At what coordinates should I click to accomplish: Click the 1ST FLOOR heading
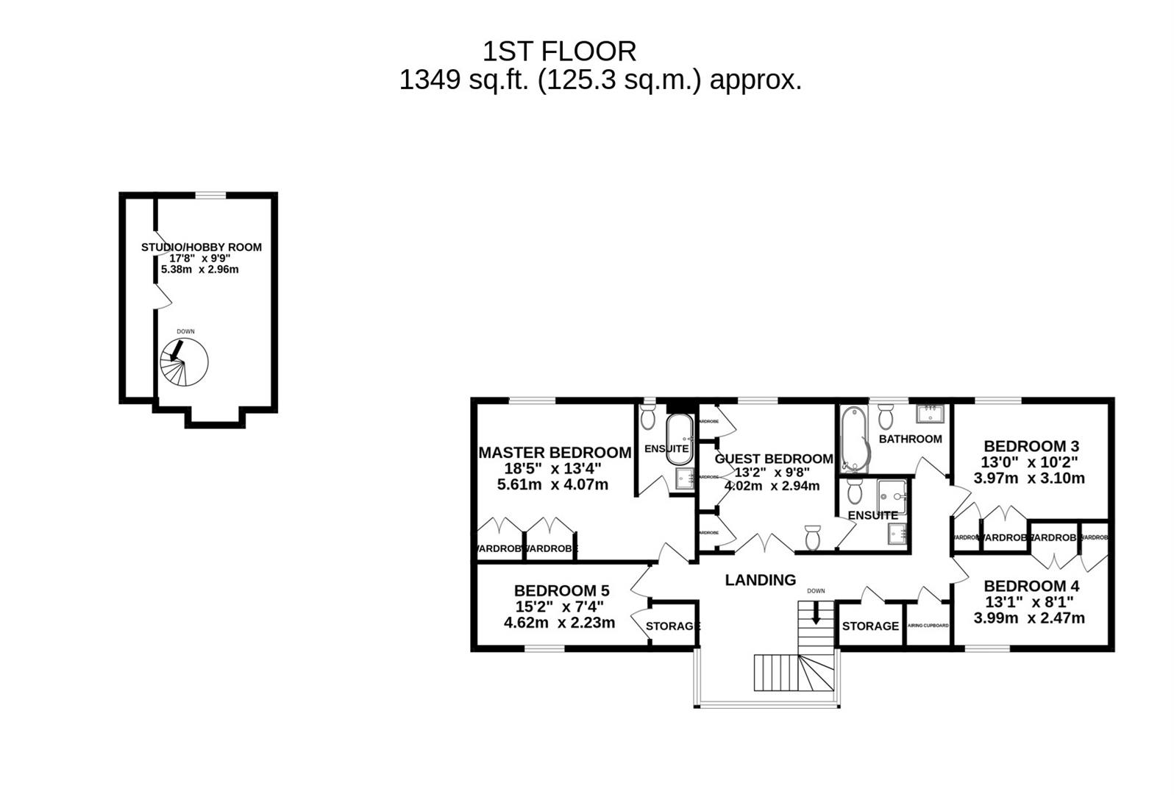click(559, 52)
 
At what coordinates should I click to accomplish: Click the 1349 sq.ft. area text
click(600, 79)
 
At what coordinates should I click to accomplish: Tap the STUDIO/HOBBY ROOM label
click(201, 247)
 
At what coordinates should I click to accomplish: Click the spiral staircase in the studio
click(184, 362)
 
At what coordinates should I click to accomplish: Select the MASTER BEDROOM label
click(555, 453)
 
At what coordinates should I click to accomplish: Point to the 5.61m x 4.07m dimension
click(552, 485)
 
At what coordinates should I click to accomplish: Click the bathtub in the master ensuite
click(678, 439)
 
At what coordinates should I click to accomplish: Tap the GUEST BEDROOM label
click(774, 459)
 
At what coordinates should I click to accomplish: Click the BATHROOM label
click(910, 439)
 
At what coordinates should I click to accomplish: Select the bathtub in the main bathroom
click(853, 438)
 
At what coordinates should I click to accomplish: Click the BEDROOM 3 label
click(1031, 446)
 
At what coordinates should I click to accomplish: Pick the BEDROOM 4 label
click(1031, 587)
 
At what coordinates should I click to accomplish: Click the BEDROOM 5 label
click(561, 590)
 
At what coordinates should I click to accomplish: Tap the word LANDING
click(760, 580)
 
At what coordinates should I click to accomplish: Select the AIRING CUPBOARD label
click(928, 626)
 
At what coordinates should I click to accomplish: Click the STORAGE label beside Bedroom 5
click(672, 626)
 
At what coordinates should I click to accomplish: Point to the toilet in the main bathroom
click(885, 417)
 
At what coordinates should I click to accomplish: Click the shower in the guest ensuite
click(892, 496)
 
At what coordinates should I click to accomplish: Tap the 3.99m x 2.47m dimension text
click(1028, 618)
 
